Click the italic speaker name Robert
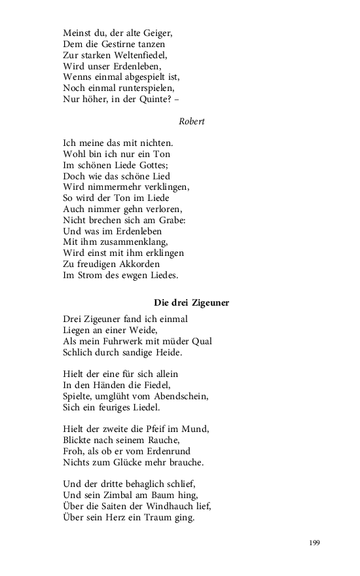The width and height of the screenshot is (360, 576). (x=191, y=121)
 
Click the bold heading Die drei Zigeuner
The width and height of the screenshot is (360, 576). (x=191, y=302)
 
